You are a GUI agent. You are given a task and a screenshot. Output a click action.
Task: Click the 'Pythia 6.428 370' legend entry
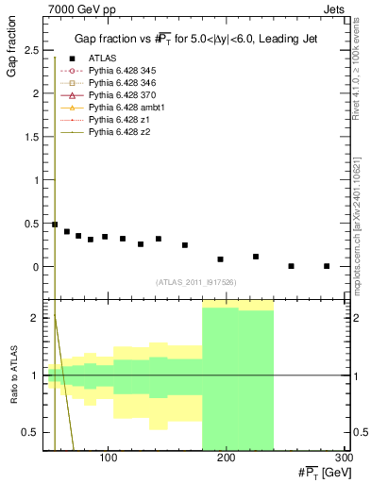pyautogui.click(x=118, y=95)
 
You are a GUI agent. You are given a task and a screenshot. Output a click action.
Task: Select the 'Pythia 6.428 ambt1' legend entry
pyautogui.click(x=122, y=108)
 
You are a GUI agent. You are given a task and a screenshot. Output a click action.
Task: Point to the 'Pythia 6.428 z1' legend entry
pyautogui.click(x=115, y=121)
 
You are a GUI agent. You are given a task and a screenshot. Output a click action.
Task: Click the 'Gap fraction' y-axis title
pyautogui.click(x=12, y=52)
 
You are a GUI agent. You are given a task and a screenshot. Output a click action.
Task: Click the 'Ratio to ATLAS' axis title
pyautogui.click(x=12, y=375)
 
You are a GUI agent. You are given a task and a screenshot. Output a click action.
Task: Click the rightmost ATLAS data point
pyautogui.click(x=327, y=266)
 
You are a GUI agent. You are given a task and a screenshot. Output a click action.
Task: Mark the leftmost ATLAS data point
pyautogui.click(x=55, y=225)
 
